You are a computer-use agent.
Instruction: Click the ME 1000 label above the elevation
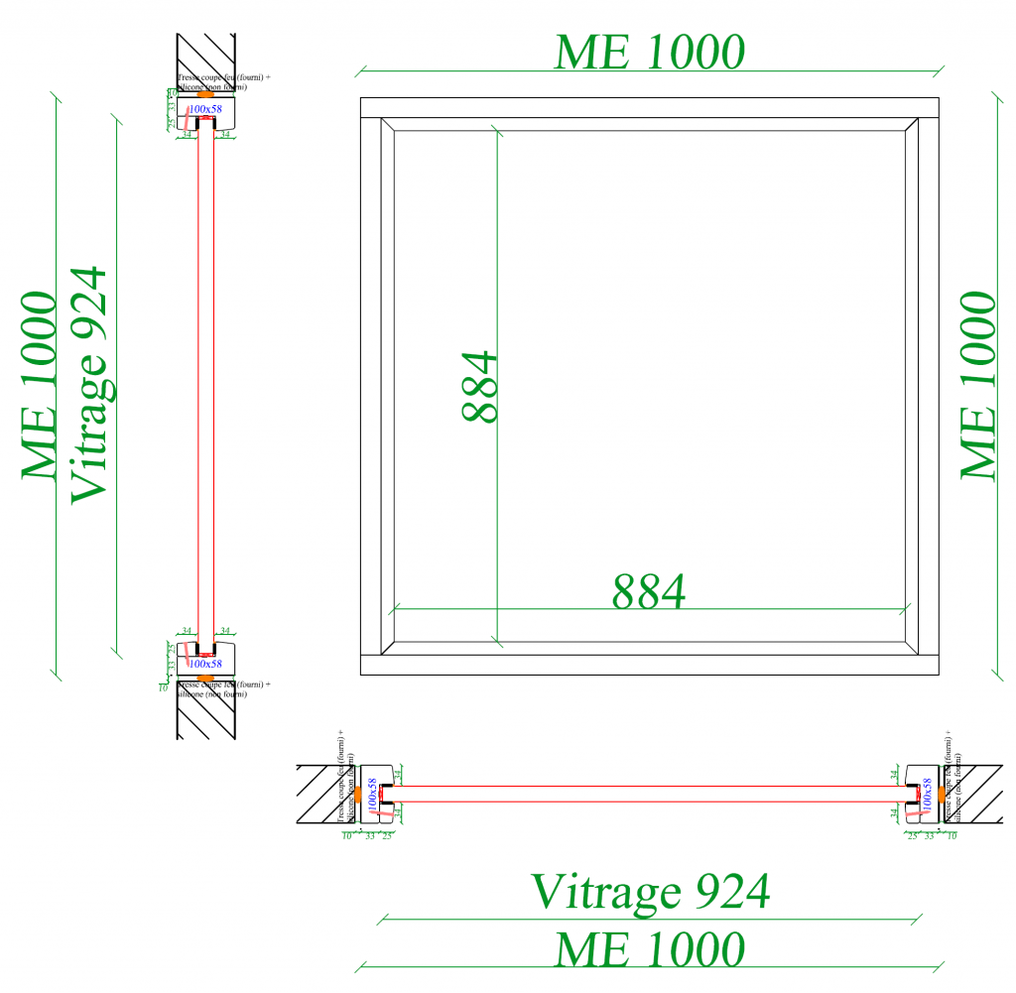[649, 52]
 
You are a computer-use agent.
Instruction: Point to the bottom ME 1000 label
[649, 949]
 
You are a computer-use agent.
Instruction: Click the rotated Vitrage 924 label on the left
[89, 384]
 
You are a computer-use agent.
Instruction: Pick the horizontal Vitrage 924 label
[650, 891]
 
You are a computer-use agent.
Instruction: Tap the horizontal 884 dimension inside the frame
[649, 592]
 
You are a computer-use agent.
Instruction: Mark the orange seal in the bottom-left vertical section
[205, 678]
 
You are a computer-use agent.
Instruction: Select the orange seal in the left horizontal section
[358, 795]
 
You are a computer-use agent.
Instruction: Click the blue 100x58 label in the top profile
[205, 108]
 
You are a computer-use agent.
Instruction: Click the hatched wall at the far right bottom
[976, 795]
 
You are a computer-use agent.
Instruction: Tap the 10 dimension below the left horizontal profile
[347, 836]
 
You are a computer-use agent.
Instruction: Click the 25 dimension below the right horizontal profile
[912, 836]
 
